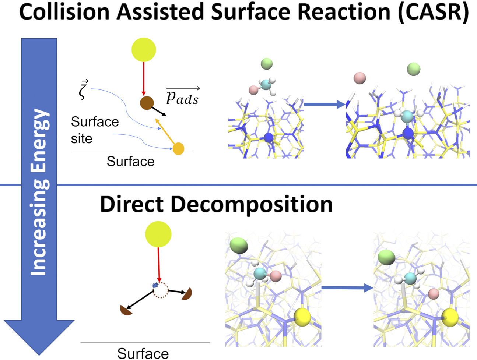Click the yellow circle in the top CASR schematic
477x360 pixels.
tap(144, 50)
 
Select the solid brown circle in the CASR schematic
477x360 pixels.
tap(147, 103)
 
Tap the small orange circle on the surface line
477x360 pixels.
tap(178, 149)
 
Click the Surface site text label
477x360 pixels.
tap(94, 130)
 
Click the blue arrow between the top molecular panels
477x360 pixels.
tap(325, 105)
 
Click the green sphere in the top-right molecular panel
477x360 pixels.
tap(413, 69)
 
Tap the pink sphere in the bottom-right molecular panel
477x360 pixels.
tap(434, 294)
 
